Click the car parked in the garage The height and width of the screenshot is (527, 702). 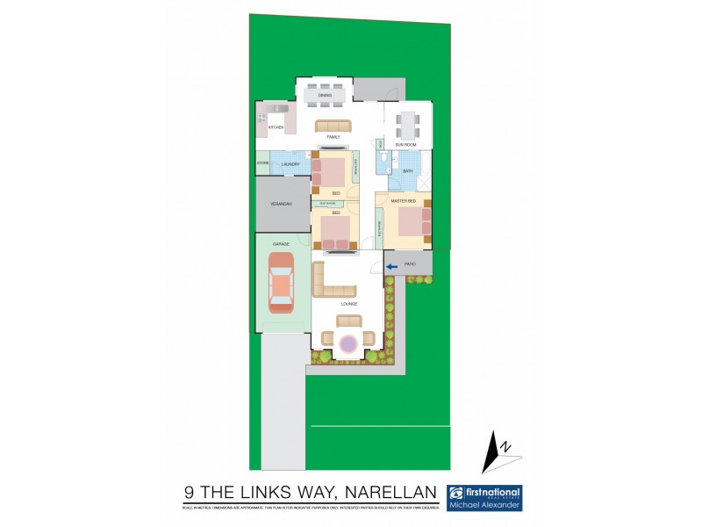281,283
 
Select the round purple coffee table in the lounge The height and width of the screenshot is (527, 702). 348,343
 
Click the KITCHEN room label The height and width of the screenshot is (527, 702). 276,129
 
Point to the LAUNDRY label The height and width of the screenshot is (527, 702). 291,164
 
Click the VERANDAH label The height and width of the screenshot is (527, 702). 282,205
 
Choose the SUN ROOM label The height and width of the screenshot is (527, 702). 405,144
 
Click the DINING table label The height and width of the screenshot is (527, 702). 325,94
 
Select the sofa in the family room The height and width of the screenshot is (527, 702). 333,126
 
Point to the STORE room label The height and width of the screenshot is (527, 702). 262,163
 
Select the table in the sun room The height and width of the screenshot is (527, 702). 407,121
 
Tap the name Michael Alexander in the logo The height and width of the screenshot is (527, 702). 484,505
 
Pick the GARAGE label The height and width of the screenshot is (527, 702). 281,243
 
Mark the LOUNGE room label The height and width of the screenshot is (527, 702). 349,304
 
